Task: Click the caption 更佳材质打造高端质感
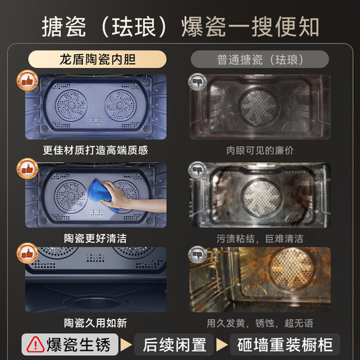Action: coord(95,149)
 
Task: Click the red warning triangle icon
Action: coord(33,343)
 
